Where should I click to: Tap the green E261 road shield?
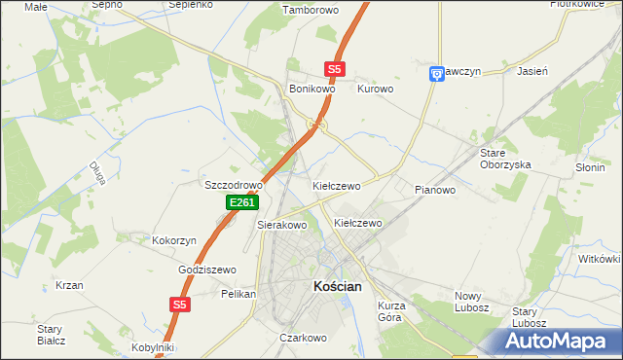click(241, 202)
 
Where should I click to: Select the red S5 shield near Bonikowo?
click(335, 69)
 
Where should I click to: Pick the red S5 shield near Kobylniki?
click(178, 305)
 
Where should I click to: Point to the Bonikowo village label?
click(312, 89)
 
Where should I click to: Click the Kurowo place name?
click(375, 89)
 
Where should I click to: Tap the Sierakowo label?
click(281, 225)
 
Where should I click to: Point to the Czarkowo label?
click(302, 338)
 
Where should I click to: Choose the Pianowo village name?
click(435, 190)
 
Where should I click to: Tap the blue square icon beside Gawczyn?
click(437, 73)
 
